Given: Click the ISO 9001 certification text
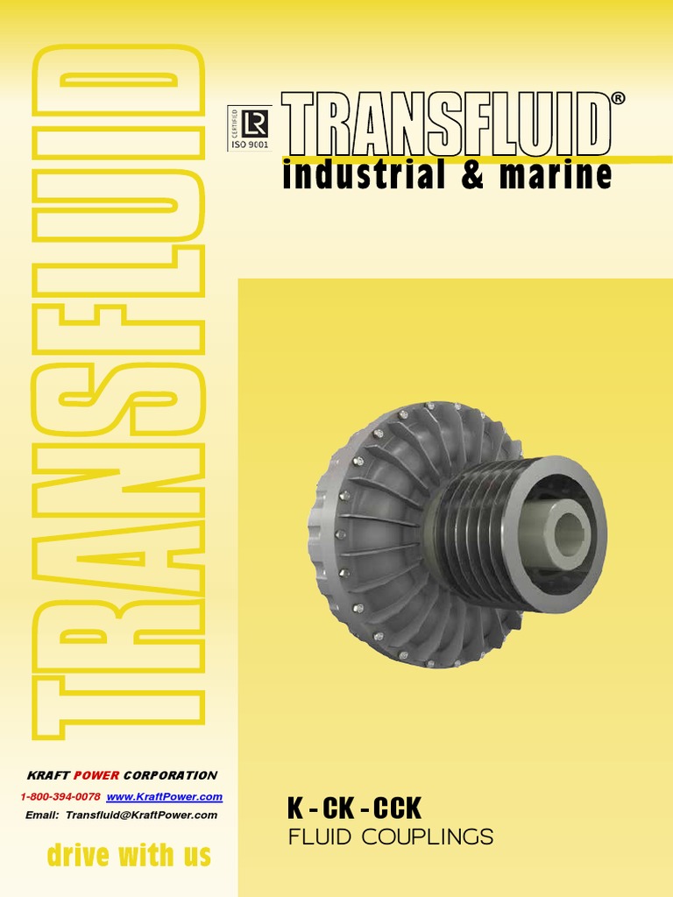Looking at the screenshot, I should (x=249, y=145).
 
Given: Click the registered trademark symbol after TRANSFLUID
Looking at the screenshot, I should (x=619, y=99).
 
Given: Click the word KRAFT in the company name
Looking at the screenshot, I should (x=46, y=775).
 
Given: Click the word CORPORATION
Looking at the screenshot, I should (x=170, y=775).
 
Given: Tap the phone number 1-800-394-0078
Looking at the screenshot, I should (x=60, y=796).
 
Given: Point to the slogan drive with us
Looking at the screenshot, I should (x=128, y=855).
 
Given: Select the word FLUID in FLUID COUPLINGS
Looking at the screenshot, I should (x=320, y=837).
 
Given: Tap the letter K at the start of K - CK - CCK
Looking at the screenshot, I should (x=295, y=808).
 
